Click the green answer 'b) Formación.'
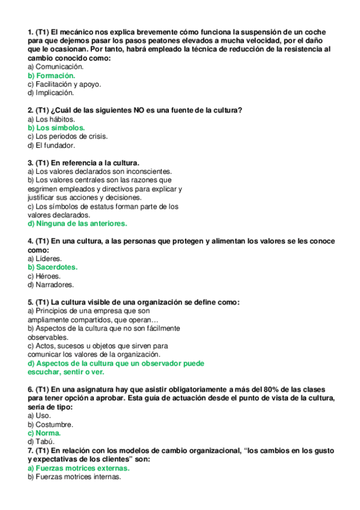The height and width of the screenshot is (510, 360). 52,76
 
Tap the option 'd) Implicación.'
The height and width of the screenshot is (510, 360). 51,93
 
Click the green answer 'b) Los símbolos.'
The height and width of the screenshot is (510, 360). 56,127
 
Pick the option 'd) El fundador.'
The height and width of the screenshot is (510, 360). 52,145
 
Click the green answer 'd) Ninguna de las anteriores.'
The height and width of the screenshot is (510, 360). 78,223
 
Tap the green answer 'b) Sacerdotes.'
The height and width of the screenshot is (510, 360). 53,267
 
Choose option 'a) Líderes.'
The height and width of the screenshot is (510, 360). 45,259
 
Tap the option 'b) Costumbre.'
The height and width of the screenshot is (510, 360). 51,424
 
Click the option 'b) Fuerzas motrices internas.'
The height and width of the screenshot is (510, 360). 75,476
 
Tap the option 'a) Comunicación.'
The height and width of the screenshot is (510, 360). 56,67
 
